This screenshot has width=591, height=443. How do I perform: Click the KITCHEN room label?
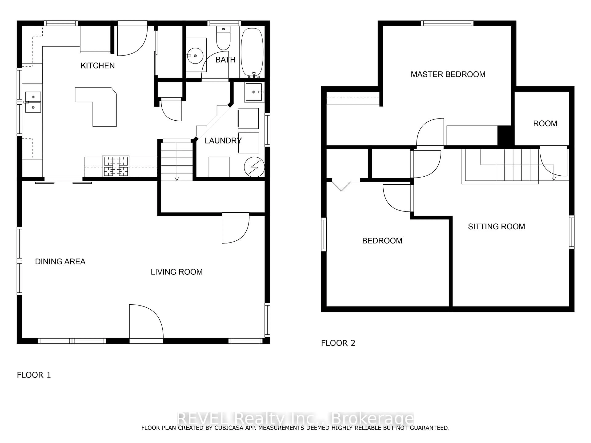click(x=98, y=66)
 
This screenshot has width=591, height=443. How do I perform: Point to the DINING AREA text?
click(x=60, y=261)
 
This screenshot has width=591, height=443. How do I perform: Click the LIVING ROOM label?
click(x=177, y=272)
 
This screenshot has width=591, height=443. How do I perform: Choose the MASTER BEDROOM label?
click(x=448, y=74)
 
